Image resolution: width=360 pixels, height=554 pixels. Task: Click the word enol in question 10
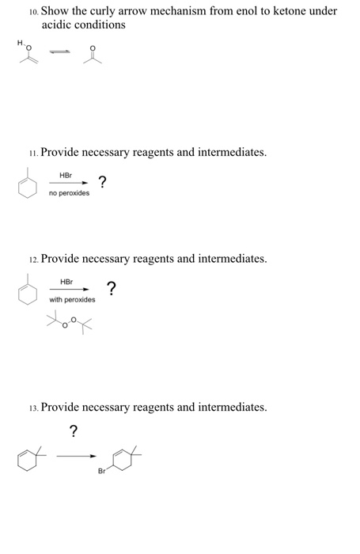click(x=245, y=11)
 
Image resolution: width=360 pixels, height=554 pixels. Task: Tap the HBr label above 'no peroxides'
click(x=66, y=176)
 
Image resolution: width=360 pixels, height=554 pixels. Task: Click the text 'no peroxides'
click(x=69, y=193)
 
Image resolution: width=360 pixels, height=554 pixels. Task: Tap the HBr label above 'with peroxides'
click(x=67, y=282)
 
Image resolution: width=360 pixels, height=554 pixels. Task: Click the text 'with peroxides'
click(x=72, y=300)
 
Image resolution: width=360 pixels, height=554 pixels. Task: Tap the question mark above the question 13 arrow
click(x=74, y=431)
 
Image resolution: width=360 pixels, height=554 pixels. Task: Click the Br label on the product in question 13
click(x=101, y=472)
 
